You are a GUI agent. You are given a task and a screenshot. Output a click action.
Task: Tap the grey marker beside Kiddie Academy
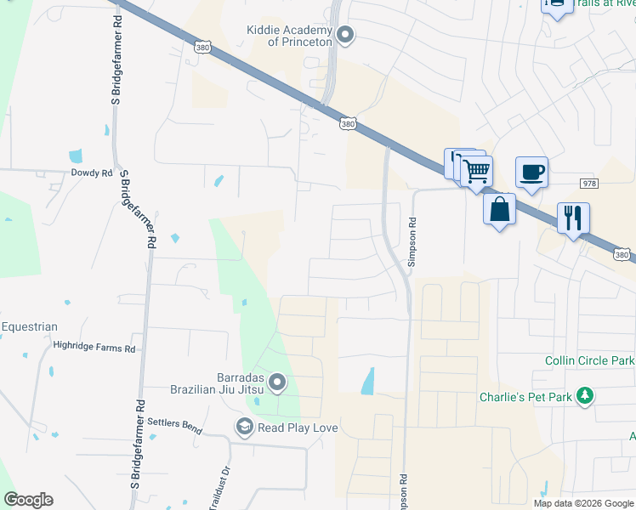point(345,35)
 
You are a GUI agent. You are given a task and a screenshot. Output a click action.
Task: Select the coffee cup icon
point(531,173)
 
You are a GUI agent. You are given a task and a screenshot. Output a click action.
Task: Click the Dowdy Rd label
point(92,173)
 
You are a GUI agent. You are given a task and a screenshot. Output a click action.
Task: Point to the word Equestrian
point(29,326)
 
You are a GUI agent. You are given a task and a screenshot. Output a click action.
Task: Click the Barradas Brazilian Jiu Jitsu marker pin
point(277,384)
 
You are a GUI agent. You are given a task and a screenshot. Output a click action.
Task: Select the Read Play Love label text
point(298,427)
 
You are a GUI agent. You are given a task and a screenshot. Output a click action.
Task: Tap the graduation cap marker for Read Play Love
point(245,427)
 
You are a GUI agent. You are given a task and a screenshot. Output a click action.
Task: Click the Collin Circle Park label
point(589,361)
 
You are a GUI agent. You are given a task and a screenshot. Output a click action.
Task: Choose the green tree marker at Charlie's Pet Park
point(584,396)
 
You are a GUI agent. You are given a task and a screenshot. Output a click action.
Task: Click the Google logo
point(28,500)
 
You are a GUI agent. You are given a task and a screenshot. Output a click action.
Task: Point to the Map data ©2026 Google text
point(583,503)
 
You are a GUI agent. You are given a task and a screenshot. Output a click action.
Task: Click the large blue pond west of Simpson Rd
point(367,381)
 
